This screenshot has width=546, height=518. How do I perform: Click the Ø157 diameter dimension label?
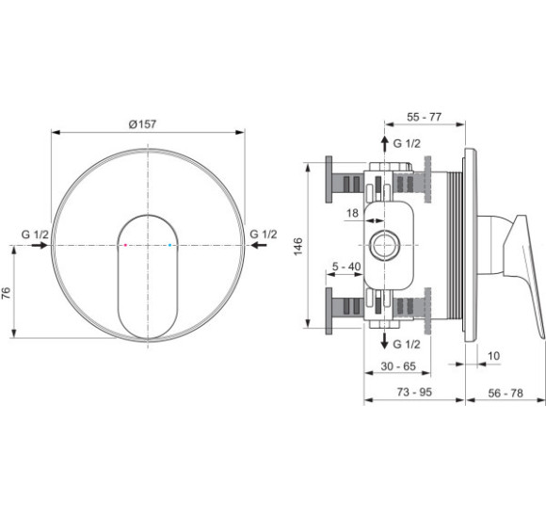coord(142,124)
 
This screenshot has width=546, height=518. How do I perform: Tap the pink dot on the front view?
coord(126,245)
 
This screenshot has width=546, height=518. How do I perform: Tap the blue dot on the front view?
coord(170,245)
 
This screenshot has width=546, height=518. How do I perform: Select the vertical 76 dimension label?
coord(7,293)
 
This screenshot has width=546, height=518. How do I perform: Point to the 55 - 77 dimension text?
coord(425,117)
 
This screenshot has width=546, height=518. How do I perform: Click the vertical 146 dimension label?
coord(298,247)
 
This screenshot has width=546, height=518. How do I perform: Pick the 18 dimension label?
coord(352,213)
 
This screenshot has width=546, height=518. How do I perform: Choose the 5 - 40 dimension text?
coord(346,267)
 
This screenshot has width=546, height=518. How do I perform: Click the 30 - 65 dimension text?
coord(398,366)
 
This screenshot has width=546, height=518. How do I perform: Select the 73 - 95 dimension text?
coord(414,392)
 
